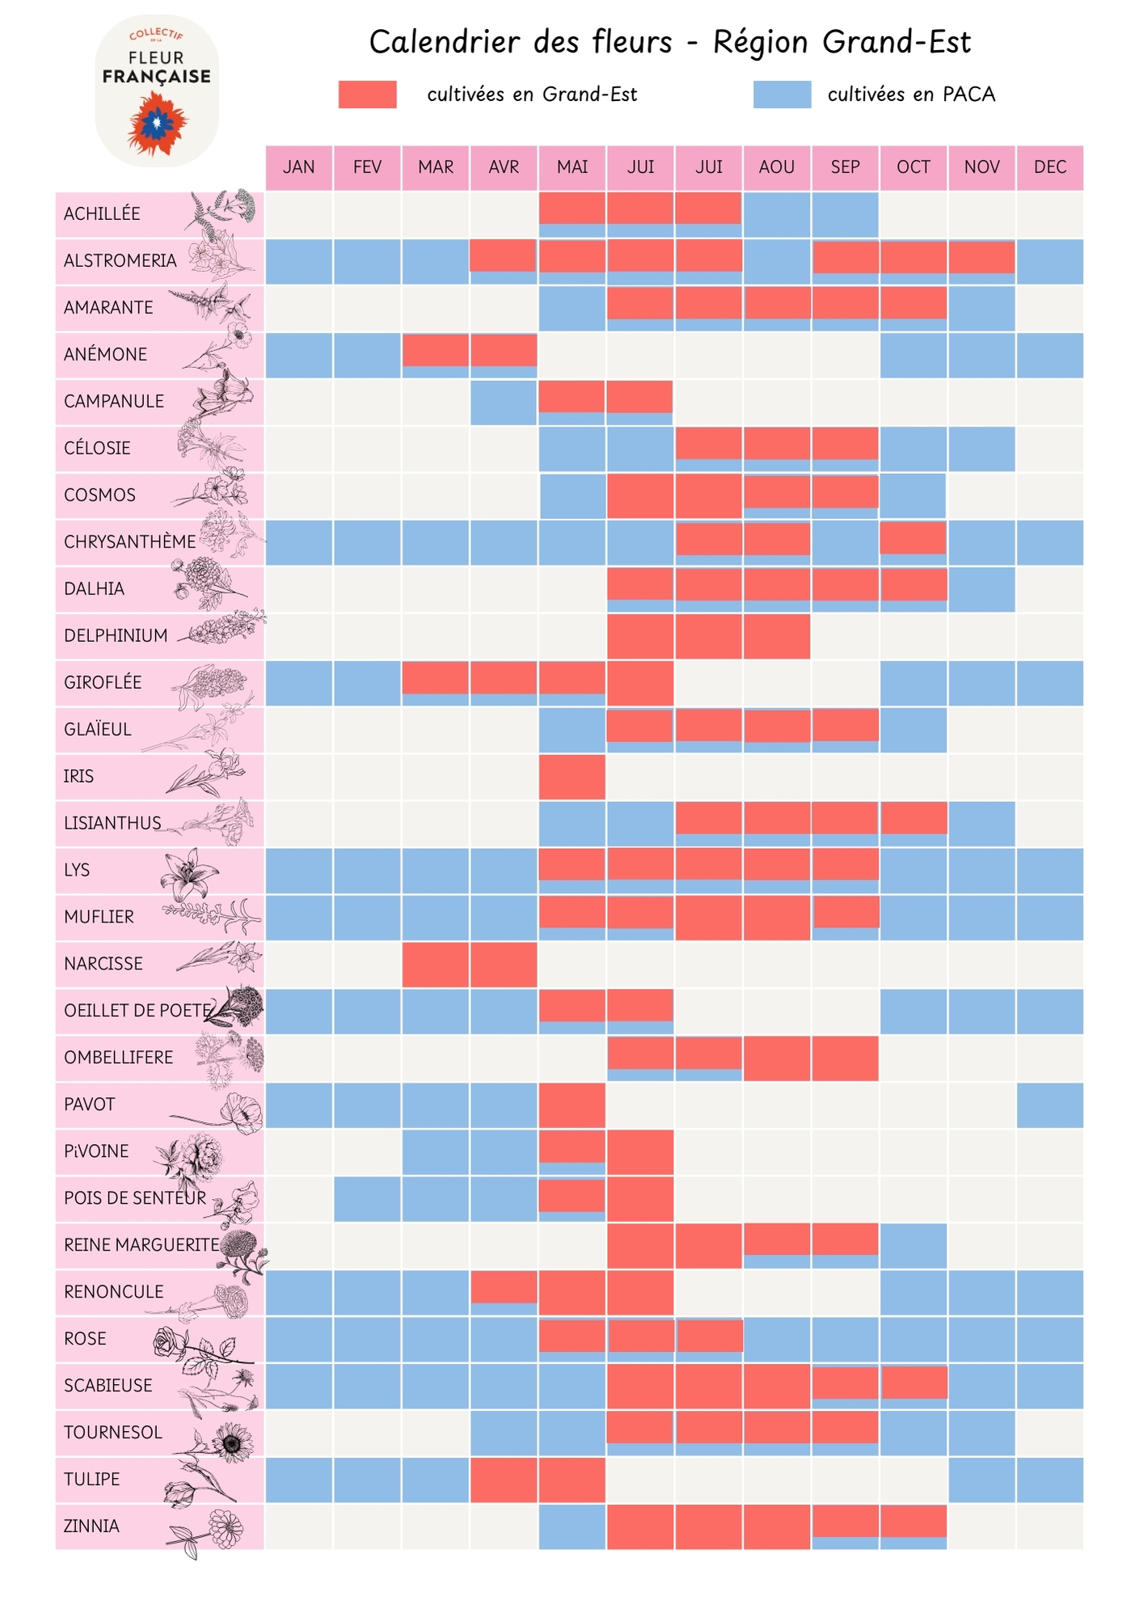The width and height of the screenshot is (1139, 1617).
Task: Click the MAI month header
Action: point(572,167)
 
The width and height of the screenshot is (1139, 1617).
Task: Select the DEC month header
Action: point(1050,167)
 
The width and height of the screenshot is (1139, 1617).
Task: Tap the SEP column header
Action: point(845,167)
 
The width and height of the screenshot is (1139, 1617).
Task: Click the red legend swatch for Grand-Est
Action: point(368,95)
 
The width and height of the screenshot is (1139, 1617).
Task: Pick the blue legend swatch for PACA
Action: point(782,95)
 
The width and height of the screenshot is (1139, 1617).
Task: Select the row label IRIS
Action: point(79,777)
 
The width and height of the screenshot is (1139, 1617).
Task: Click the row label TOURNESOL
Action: point(113,1433)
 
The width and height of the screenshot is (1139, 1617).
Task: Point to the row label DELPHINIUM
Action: point(116,636)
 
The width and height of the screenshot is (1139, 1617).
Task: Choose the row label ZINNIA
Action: point(91,1526)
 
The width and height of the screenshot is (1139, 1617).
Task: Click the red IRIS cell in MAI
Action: point(572,777)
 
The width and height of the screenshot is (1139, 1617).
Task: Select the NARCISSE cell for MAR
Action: point(436,965)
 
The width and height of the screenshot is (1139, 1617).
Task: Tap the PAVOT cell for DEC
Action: point(1050,1105)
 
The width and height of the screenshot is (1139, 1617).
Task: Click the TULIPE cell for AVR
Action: point(504,1480)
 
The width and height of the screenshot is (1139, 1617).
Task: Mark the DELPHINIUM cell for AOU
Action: point(777,636)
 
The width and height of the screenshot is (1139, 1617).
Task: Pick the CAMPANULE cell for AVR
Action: point(504,402)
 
